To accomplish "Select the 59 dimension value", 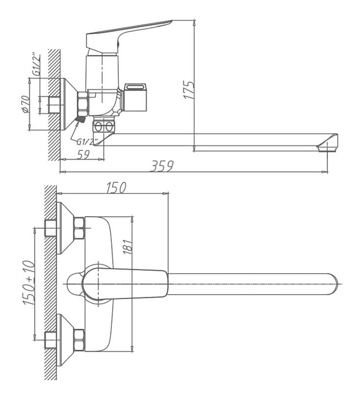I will click(83, 155).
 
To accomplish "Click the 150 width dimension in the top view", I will click(117, 187).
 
